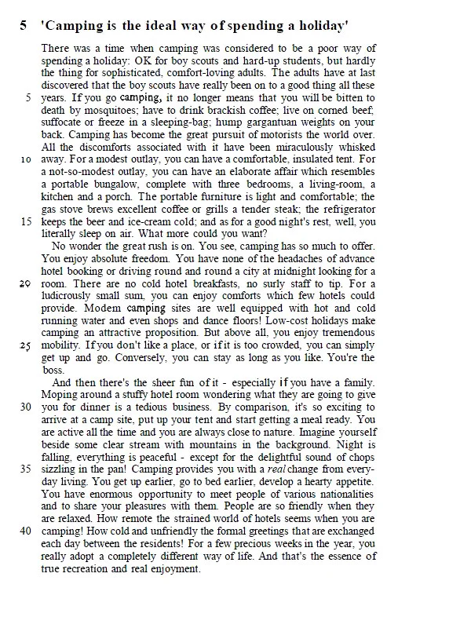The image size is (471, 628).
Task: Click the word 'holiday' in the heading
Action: pos(319,26)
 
